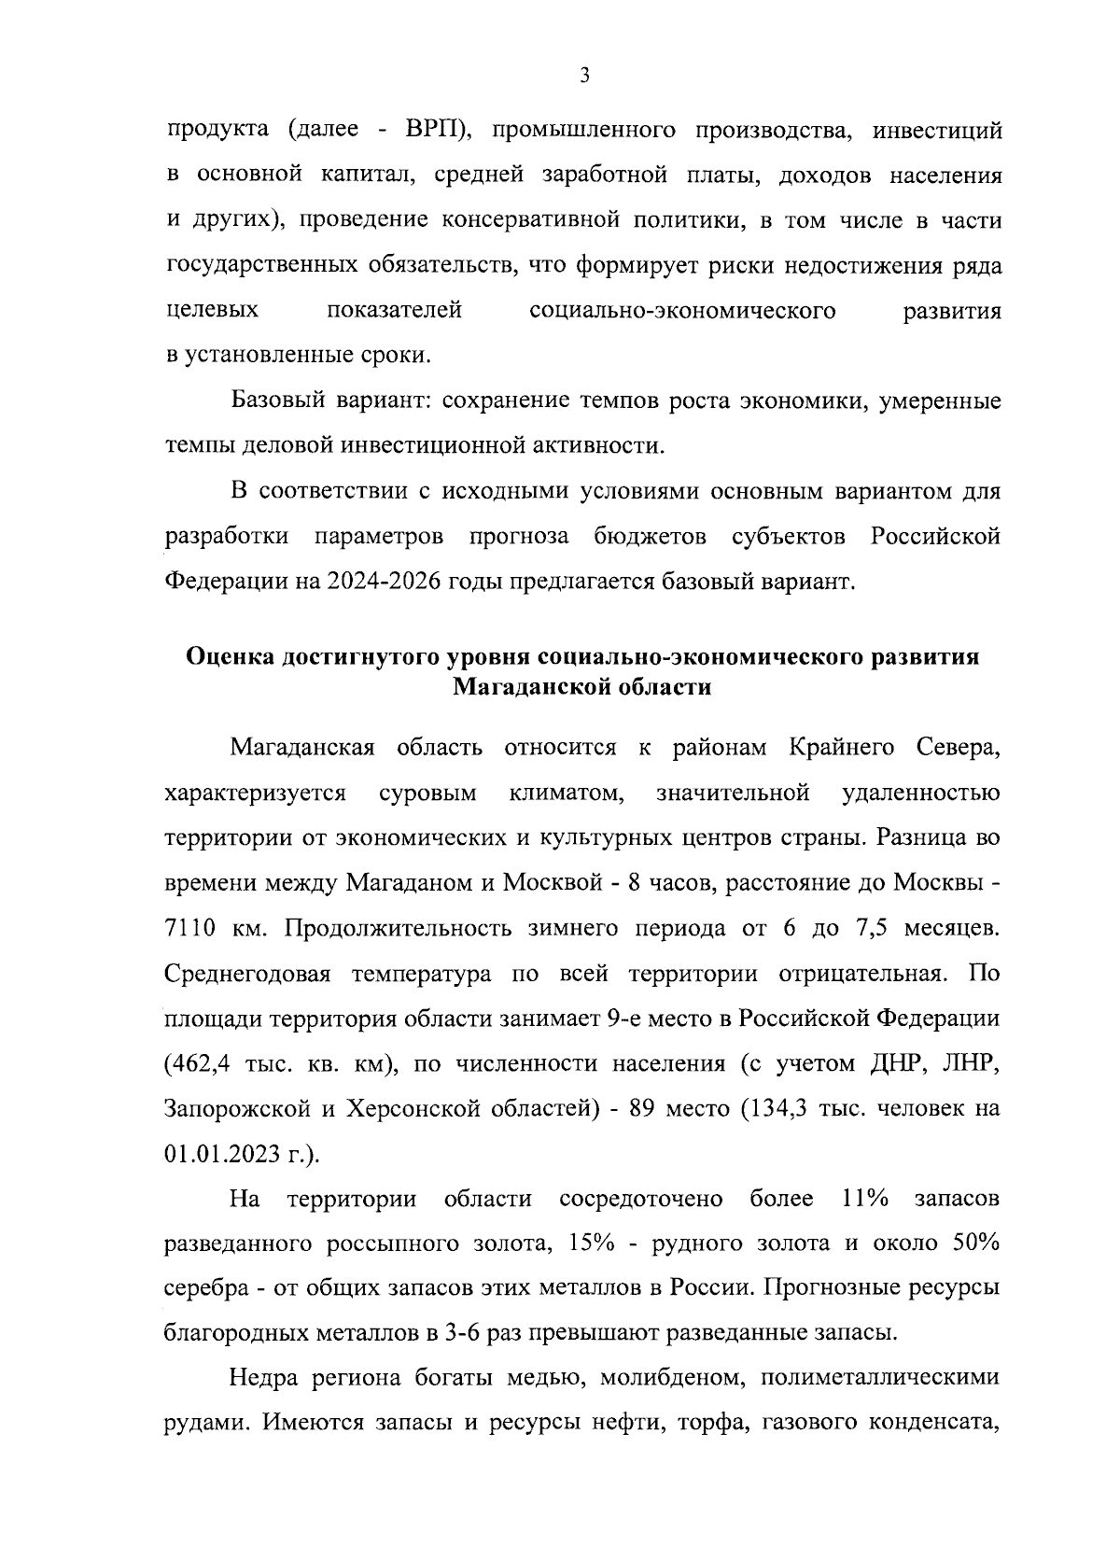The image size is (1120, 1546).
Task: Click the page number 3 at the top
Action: [x=583, y=76]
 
